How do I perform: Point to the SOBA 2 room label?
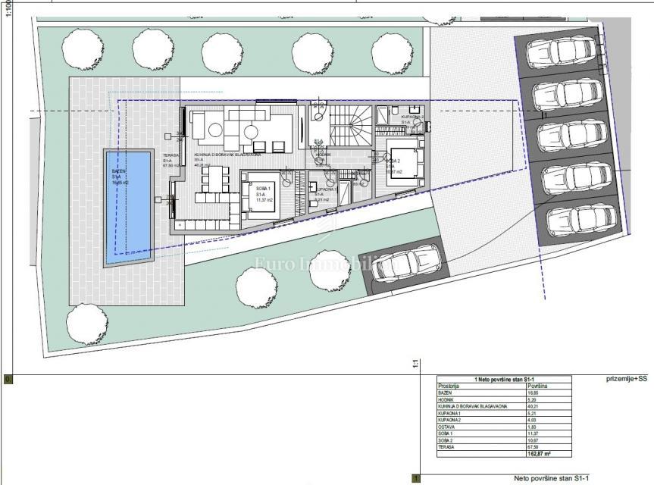(x=393, y=161)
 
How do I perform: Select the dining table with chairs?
(x=215, y=180)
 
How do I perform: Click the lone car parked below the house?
(x=400, y=267)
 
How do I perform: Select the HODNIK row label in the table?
(x=447, y=399)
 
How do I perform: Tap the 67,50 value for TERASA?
(x=533, y=446)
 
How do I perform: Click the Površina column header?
(x=537, y=385)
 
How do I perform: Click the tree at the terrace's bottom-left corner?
(x=86, y=324)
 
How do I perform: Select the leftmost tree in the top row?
(x=80, y=49)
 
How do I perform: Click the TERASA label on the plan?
(x=171, y=155)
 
